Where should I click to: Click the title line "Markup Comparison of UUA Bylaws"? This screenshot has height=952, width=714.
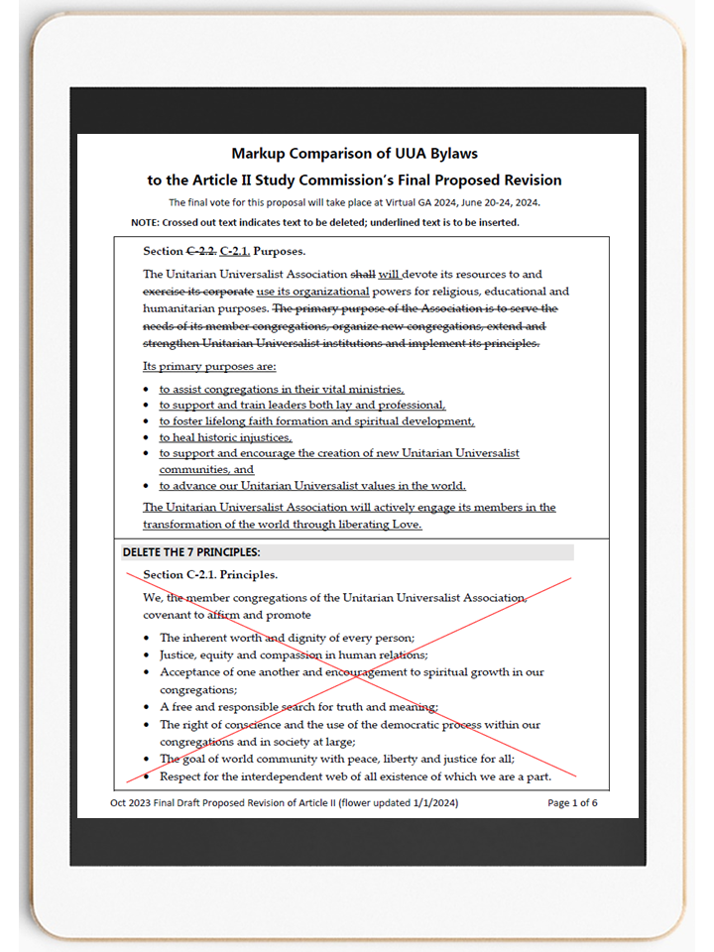pos(355,154)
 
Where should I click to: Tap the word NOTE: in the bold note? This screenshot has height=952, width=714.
pos(147,222)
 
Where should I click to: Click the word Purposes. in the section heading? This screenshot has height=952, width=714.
pos(280,251)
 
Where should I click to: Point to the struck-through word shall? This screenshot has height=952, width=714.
pos(363,274)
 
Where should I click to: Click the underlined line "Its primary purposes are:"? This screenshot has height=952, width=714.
pos(209,366)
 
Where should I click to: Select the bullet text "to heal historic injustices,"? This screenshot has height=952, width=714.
pos(226,437)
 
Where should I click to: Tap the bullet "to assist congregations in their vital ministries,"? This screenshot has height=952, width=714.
pos(282,390)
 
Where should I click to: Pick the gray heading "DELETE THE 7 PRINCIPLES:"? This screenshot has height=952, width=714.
pos(191,552)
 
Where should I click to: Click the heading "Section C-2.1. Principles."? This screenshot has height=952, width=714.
pos(210,574)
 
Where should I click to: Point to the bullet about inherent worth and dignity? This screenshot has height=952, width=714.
pos(287,638)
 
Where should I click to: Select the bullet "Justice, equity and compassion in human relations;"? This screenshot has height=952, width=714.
pos(294,654)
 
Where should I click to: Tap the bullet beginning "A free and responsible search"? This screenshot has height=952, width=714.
pos(298,707)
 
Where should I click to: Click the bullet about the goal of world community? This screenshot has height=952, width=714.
pos(336,759)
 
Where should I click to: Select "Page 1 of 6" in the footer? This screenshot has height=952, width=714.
pos(572,802)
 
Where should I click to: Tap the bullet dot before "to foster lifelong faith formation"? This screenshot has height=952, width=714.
pos(147,421)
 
